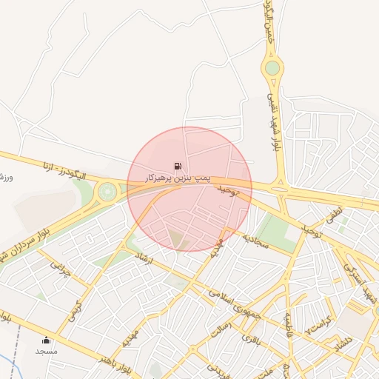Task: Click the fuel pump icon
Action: (176, 166)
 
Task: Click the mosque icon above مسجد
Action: (47, 340)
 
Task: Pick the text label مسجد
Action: (46, 350)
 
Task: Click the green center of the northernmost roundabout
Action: (272, 68)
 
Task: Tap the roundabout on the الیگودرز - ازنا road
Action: (108, 192)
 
